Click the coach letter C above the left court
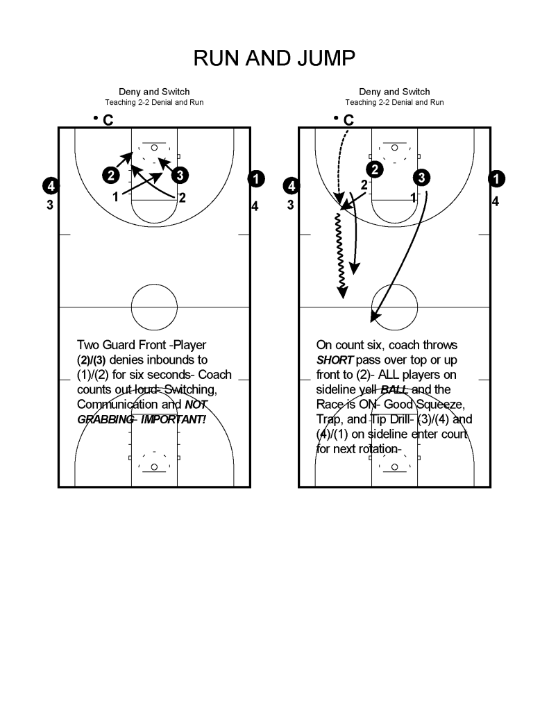point(108,121)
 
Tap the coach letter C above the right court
point(348,121)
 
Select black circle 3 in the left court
point(178,174)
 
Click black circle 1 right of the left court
point(257,178)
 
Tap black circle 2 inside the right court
point(374,169)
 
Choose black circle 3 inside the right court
point(421,178)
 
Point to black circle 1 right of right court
point(497,178)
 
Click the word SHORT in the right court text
point(336,360)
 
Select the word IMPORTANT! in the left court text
point(178,419)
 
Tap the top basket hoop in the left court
point(154,148)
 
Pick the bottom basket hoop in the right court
point(394,466)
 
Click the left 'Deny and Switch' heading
point(154,92)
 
